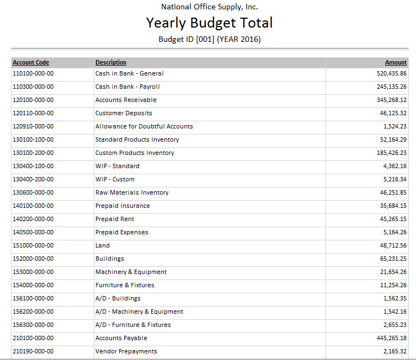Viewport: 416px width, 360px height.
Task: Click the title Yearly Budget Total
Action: [209, 23]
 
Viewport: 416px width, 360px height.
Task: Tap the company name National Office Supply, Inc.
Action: [209, 7]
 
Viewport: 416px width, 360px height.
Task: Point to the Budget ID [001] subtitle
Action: [209, 39]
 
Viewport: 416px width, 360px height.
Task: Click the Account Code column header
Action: [31, 62]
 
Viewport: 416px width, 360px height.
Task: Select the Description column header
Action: [111, 62]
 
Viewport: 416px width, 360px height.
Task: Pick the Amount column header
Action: [396, 62]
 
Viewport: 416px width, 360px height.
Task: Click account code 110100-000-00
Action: [33, 73]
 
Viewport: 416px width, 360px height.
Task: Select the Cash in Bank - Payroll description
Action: [127, 87]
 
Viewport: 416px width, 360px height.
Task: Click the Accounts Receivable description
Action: [126, 100]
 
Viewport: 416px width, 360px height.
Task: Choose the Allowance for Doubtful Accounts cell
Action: [144, 126]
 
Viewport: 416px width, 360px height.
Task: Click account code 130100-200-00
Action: [33, 153]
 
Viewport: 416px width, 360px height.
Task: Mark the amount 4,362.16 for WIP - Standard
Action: [394, 166]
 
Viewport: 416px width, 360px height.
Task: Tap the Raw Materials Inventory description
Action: [132, 192]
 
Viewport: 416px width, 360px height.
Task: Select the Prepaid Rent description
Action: [115, 219]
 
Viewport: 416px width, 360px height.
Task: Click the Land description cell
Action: [103, 245]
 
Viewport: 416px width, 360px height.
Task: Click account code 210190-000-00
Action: [33, 351]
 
